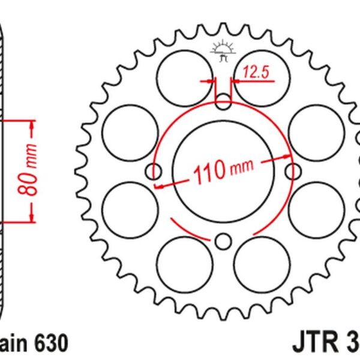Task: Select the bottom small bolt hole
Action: (x=223, y=242)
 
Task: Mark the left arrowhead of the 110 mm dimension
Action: (x=160, y=187)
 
